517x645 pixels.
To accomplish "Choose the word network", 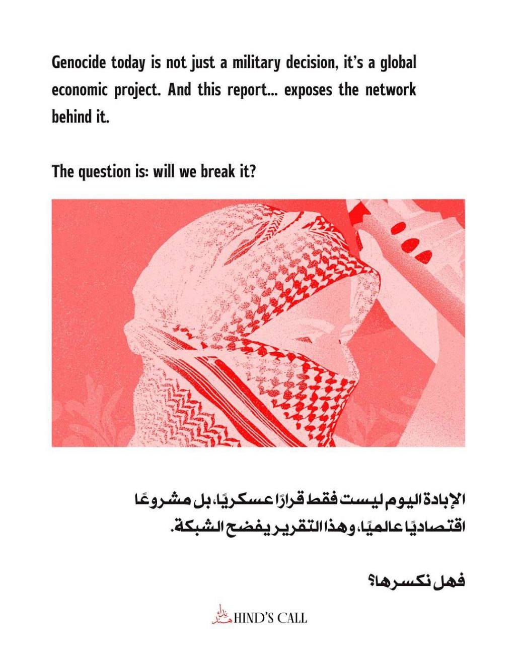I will click(x=391, y=91).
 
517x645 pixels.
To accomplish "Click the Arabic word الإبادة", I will click(x=442, y=501).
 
